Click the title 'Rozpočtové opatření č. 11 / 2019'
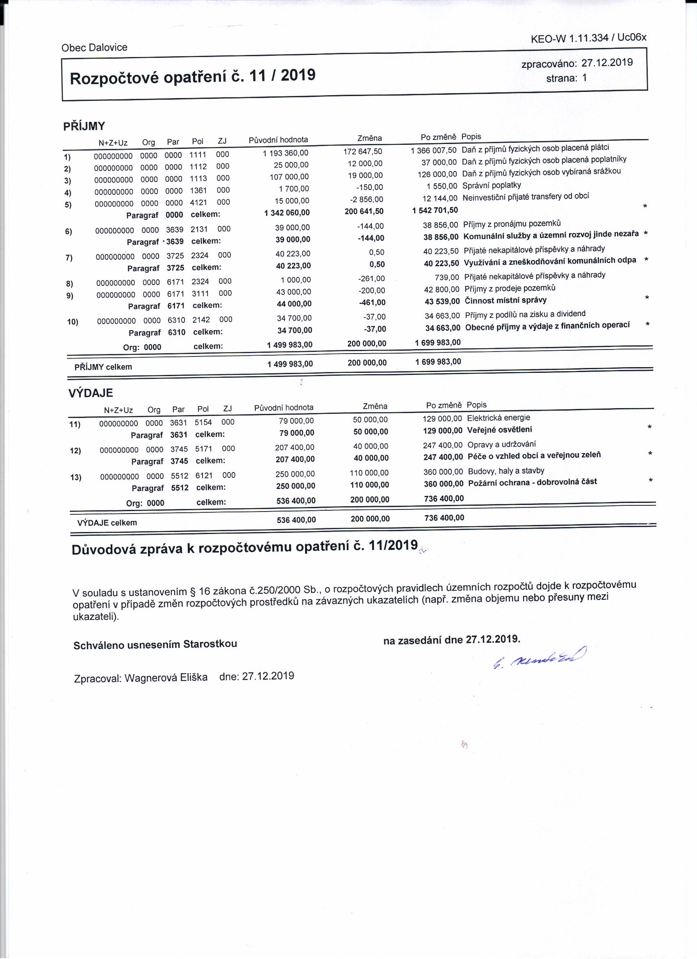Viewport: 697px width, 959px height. tap(193, 77)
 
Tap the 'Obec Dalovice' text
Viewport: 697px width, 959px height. tap(94, 47)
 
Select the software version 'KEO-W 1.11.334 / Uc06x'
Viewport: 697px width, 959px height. tap(588, 38)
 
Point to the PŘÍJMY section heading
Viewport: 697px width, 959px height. tap(84, 126)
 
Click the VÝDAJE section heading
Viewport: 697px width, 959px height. tap(91, 393)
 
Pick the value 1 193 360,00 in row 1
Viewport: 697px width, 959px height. tap(285, 153)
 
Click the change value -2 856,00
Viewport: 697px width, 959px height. tap(367, 199)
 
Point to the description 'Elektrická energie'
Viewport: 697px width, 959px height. tap(498, 418)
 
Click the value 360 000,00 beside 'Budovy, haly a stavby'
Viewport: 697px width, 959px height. tap(443, 472)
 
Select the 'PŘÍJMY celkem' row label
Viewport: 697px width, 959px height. tap(103, 367)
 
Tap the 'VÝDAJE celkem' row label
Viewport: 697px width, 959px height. tap(107, 523)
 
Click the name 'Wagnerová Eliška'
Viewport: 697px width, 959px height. tap(166, 677)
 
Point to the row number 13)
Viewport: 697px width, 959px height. tap(76, 477)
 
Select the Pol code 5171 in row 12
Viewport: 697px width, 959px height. tap(203, 449)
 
